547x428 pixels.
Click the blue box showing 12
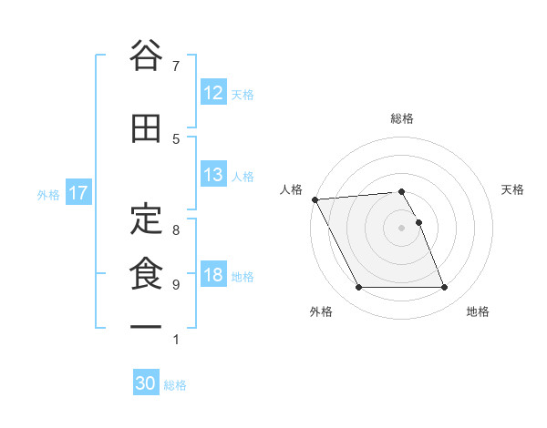pyautogui.click(x=212, y=93)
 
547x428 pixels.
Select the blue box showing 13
pyautogui.click(x=212, y=175)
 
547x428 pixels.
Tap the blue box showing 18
pyautogui.click(x=212, y=275)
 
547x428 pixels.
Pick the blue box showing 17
pyautogui.click(x=77, y=193)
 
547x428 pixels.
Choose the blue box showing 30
pyautogui.click(x=146, y=383)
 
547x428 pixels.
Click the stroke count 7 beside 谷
pyautogui.click(x=176, y=66)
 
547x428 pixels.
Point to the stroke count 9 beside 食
pyautogui.click(x=176, y=285)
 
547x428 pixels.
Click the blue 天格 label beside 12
pyautogui.click(x=243, y=94)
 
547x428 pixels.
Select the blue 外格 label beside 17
pyautogui.click(x=48, y=194)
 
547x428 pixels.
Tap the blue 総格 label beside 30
pyautogui.click(x=175, y=384)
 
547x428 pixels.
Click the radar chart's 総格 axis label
pyautogui.click(x=402, y=118)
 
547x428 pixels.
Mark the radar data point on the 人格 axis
pyautogui.click(x=315, y=199)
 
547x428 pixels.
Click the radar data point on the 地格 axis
pyautogui.click(x=444, y=288)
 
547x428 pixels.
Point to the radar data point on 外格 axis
pyautogui.click(x=358, y=288)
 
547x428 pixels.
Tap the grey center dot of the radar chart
pyautogui.click(x=401, y=228)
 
